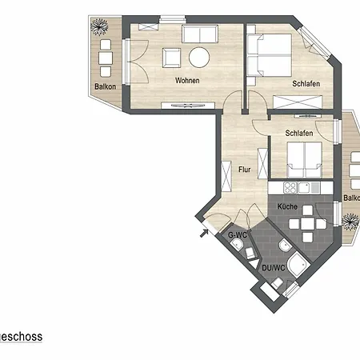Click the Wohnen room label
(x=187, y=81)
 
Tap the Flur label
(x=246, y=169)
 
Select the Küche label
(x=287, y=206)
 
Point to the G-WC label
(x=237, y=235)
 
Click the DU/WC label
(x=273, y=267)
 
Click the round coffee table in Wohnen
(x=198, y=57)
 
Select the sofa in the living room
(x=199, y=34)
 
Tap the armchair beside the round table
(x=171, y=58)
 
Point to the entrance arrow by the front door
(x=203, y=233)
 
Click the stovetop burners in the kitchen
(x=290, y=188)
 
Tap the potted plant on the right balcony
(x=348, y=218)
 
